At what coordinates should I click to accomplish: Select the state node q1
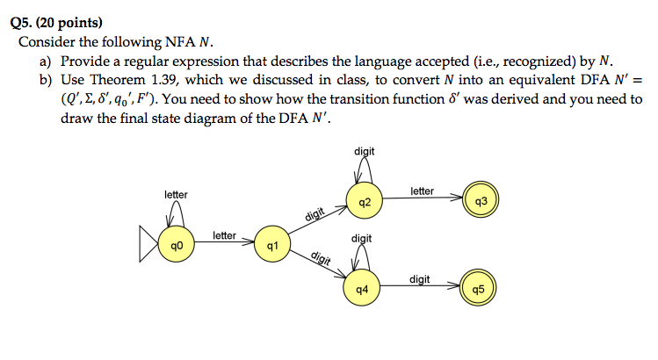click(x=272, y=247)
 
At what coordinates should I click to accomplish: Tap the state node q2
click(x=365, y=203)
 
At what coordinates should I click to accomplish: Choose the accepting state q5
click(x=478, y=289)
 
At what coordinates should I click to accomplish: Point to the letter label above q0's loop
click(x=176, y=193)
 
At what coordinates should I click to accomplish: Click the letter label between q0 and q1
click(x=225, y=235)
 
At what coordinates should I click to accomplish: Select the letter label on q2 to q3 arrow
click(x=422, y=191)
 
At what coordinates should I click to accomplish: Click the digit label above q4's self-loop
click(x=361, y=238)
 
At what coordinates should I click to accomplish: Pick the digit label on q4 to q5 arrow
click(x=420, y=279)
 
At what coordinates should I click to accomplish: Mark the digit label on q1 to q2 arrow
click(x=315, y=213)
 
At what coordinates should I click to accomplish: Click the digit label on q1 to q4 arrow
click(x=322, y=258)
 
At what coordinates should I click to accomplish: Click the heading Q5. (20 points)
click(x=55, y=21)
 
